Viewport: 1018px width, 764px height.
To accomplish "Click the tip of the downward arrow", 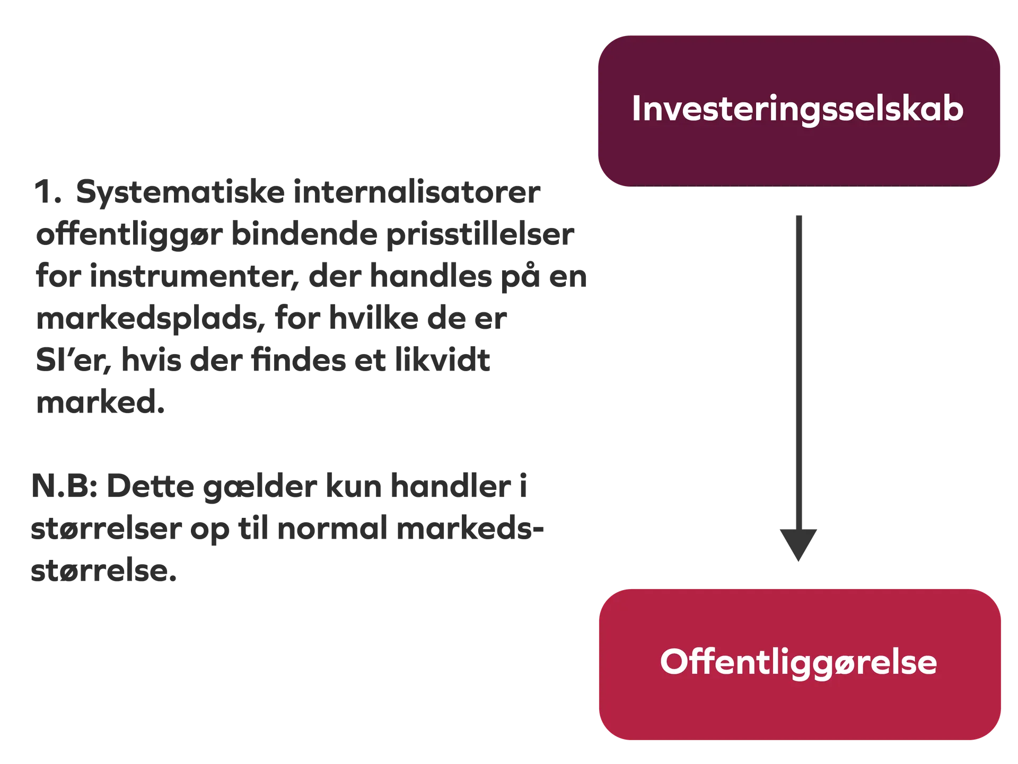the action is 798,561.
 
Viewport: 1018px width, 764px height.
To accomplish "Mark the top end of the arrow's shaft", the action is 799,216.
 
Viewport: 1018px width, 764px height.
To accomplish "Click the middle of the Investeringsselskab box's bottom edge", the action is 799,186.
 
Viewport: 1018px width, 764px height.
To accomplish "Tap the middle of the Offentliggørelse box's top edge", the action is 800,590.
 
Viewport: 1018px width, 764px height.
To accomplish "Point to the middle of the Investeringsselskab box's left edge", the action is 599,111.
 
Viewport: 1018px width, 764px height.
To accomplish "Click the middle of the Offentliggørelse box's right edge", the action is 1001,664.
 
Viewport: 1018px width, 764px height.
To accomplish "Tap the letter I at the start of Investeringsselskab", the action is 636,109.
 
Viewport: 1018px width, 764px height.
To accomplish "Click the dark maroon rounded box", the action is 799,111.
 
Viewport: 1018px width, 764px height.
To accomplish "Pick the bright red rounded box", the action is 800,664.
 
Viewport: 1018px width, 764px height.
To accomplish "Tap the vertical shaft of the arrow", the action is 799,373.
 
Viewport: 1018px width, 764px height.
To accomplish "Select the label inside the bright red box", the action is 798,663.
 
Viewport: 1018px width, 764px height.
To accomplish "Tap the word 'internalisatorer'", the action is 417,191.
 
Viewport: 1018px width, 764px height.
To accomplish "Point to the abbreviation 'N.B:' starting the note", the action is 64,486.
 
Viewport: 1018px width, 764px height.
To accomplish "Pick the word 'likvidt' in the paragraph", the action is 442,360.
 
